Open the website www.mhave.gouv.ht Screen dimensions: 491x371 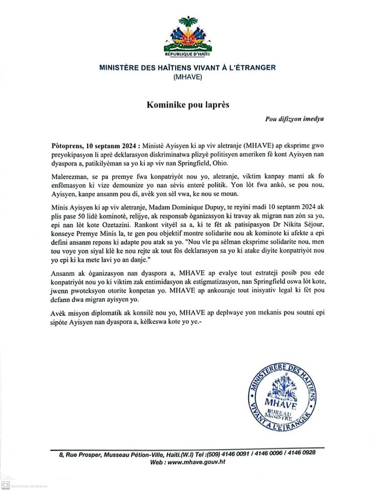[x=196, y=461]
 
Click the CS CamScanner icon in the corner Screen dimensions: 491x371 [x=5, y=485]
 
